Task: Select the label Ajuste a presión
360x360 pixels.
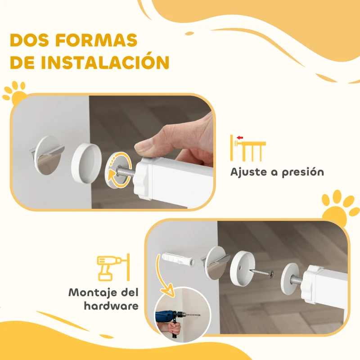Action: [277, 172]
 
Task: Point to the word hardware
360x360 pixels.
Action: [111, 306]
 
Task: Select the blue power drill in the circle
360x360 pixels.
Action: [169, 317]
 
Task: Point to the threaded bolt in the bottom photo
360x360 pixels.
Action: [297, 279]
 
